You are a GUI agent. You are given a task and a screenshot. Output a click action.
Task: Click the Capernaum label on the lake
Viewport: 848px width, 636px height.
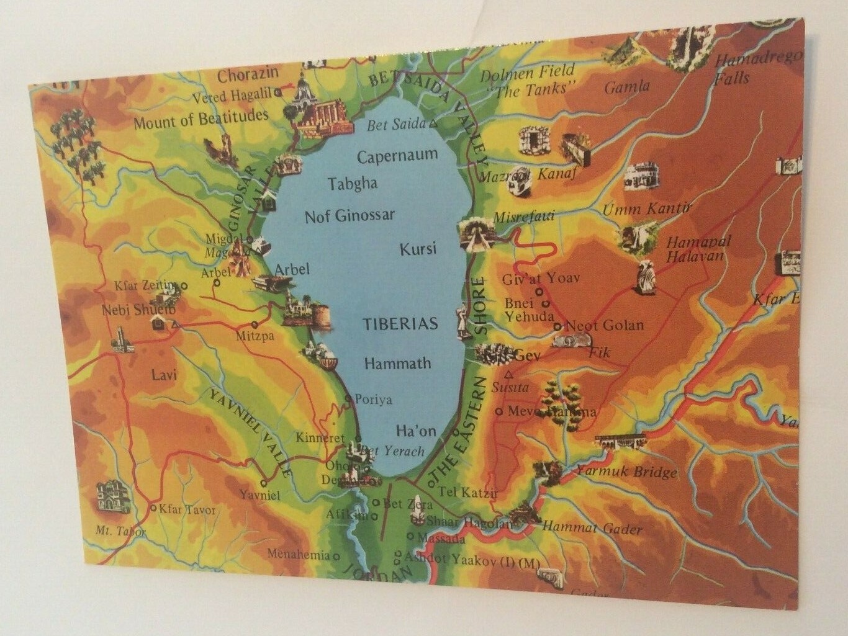tap(397, 155)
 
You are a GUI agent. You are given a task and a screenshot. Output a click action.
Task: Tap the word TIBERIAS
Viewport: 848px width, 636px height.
tap(400, 323)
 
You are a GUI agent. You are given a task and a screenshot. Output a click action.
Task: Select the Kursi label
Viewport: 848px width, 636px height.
tap(418, 249)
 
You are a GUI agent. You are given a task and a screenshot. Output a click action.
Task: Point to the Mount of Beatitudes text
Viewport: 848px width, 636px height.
tap(201, 119)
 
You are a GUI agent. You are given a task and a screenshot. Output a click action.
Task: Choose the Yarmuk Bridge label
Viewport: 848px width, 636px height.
tap(626, 472)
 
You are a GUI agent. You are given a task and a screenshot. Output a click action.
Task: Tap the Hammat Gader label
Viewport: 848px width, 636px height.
tap(592, 528)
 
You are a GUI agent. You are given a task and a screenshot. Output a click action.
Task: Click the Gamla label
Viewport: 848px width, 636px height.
tap(627, 87)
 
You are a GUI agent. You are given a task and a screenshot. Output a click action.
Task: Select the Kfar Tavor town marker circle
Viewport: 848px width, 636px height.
tap(153, 508)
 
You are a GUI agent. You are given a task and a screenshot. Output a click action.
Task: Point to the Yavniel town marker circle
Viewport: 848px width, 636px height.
tap(264, 482)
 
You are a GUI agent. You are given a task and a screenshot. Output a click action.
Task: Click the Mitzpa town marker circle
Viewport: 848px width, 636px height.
tap(255, 325)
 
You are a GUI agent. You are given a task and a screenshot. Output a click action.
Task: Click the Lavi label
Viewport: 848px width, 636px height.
tap(165, 375)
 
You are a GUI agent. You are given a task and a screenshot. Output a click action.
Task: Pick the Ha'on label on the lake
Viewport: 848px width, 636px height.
tap(416, 431)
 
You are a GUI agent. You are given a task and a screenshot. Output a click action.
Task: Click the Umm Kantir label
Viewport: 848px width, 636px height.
tap(647, 208)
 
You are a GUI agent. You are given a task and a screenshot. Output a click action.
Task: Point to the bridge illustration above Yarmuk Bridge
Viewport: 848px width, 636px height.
tap(620, 442)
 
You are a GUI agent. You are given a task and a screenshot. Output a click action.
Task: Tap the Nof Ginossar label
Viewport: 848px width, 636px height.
tap(350, 216)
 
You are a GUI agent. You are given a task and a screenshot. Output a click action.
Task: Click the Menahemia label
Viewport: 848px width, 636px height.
tap(299, 555)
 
